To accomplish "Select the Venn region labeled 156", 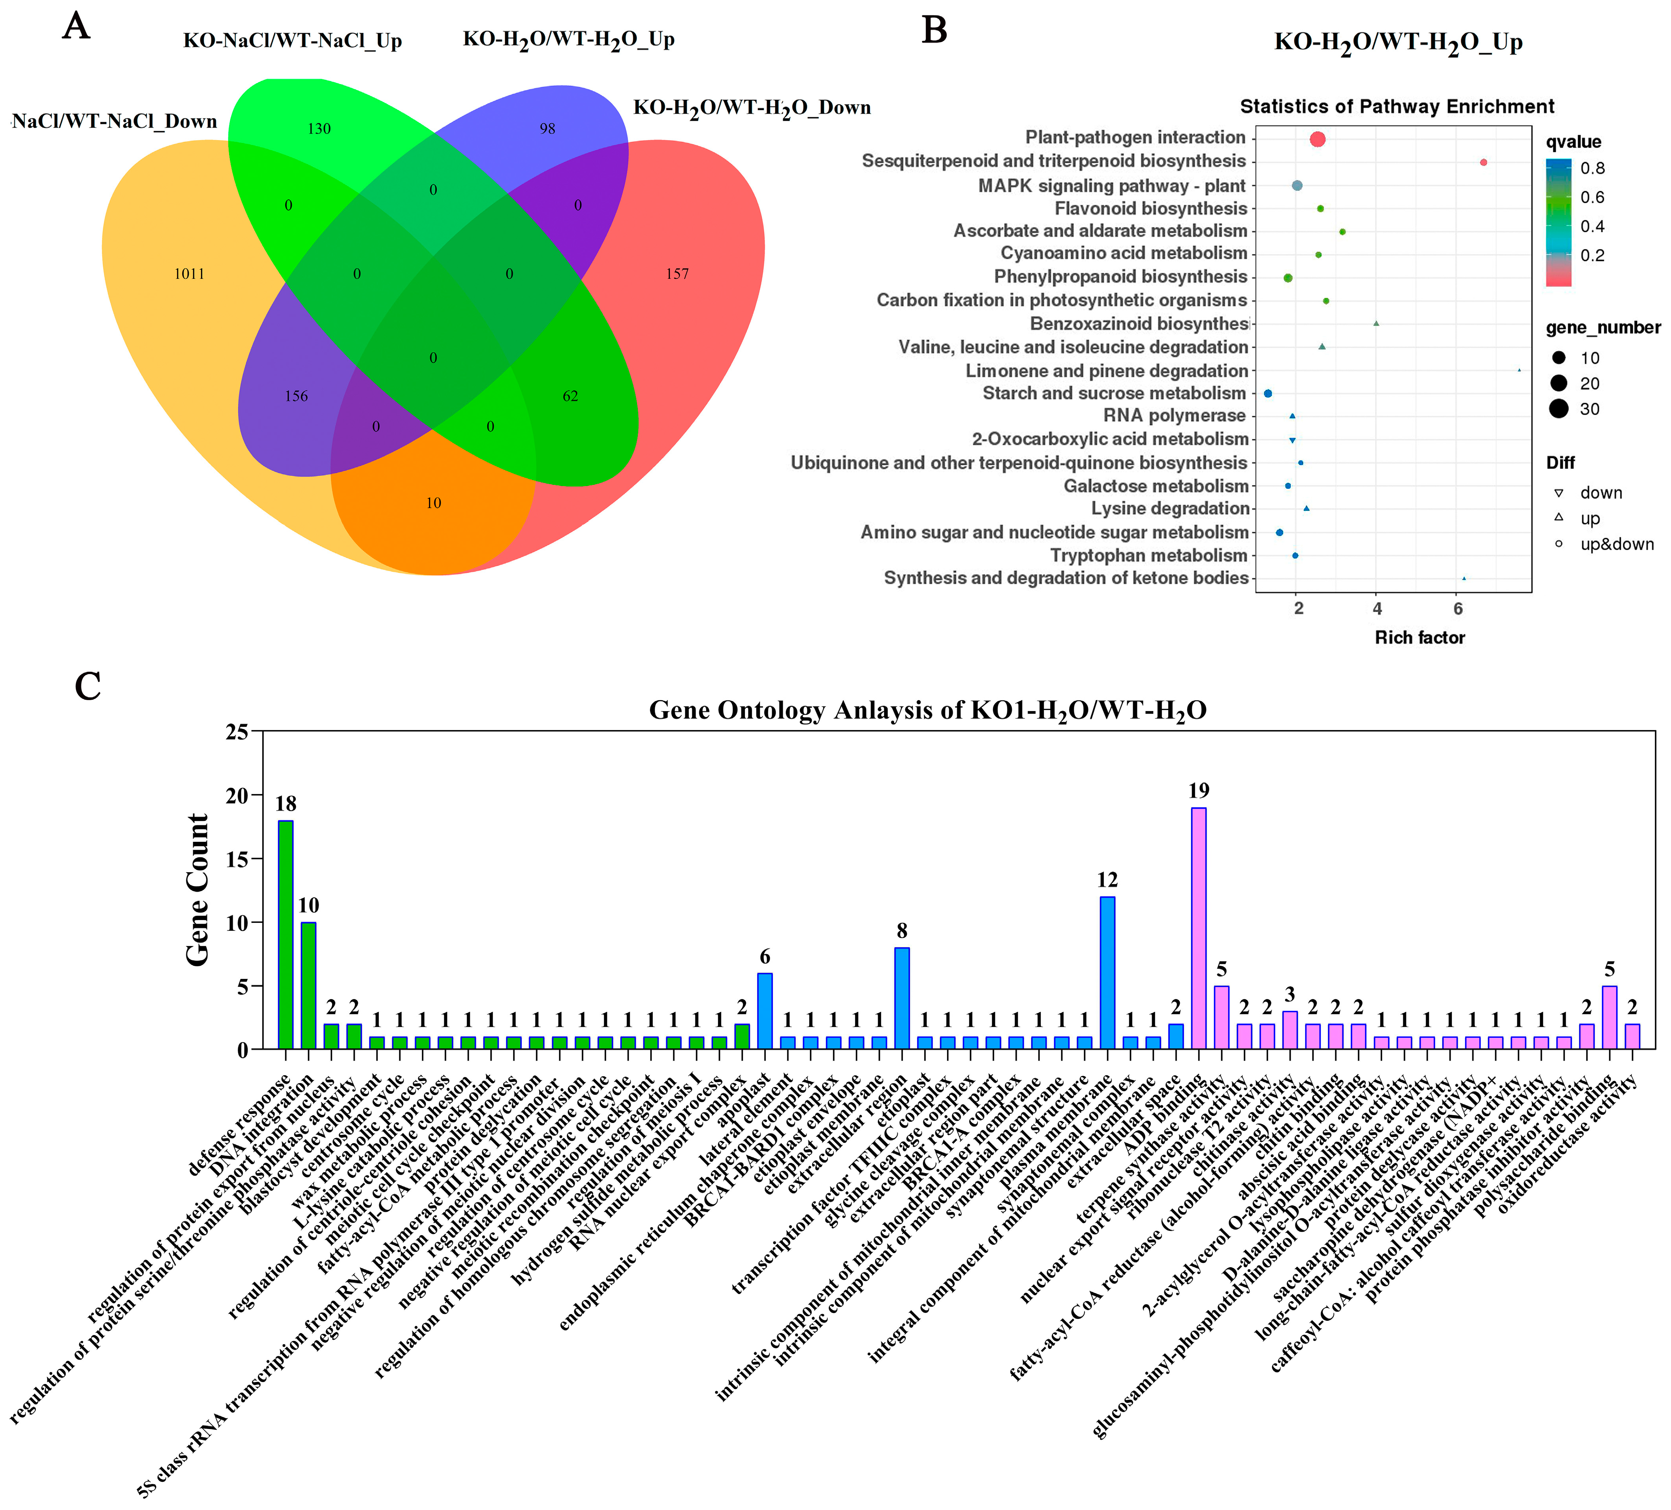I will [x=296, y=396].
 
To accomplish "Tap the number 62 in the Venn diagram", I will [x=570, y=396].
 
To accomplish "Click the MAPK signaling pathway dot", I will [x=1297, y=186].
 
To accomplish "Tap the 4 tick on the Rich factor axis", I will [x=1377, y=609].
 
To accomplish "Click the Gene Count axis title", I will [x=197, y=889].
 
